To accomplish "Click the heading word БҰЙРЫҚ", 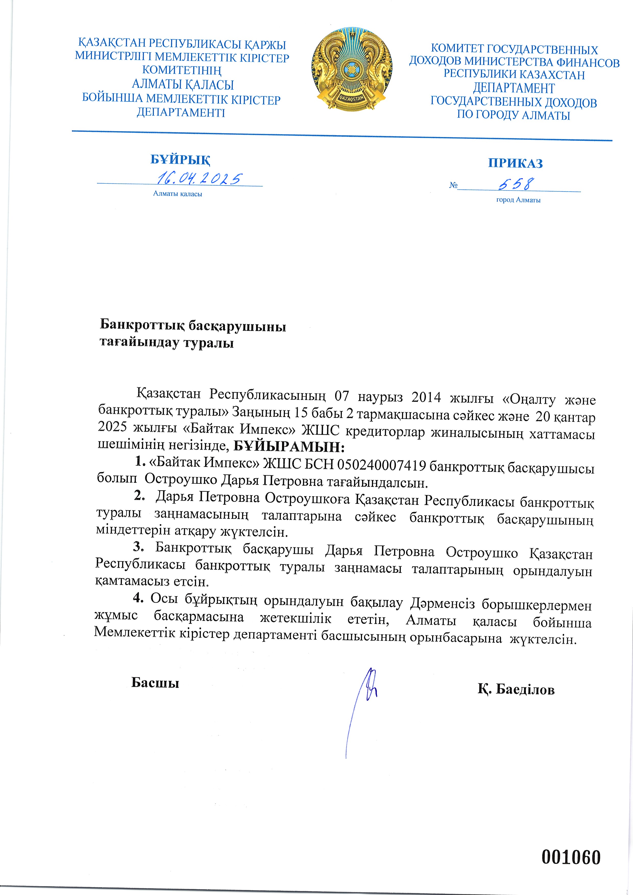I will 180,160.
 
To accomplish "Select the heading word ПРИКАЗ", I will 515,163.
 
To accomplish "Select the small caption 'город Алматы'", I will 518,200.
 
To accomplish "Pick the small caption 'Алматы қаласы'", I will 177,194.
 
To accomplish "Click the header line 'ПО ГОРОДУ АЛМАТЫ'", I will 513,115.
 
